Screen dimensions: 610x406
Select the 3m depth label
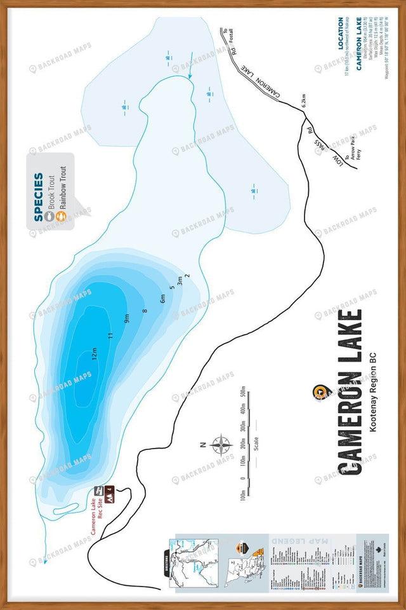click(180, 281)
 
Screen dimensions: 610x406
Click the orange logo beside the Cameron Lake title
click(321, 393)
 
